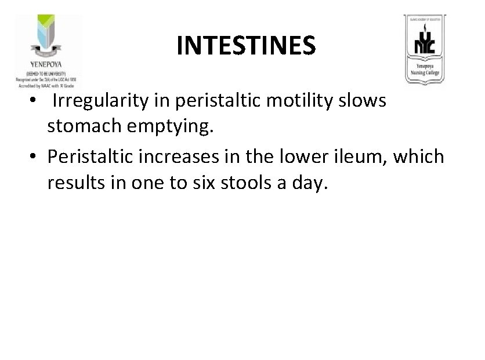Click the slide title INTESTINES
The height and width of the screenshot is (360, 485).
[x=247, y=45]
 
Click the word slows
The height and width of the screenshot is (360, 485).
[x=364, y=101]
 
